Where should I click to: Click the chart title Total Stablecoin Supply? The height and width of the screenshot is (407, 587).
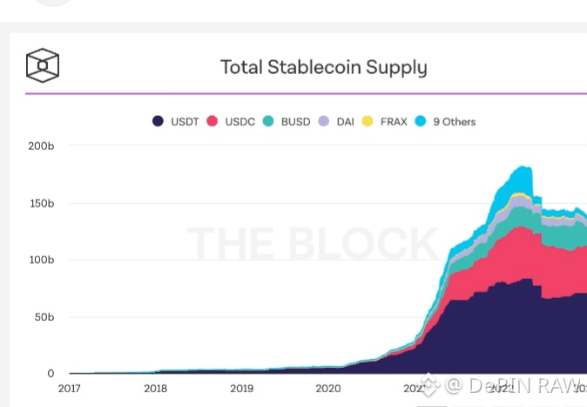[x=323, y=67]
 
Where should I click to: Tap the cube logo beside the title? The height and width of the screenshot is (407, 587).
[x=43, y=65]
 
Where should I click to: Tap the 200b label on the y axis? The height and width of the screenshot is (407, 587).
[x=42, y=146]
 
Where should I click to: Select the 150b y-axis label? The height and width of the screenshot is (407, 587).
[x=42, y=203]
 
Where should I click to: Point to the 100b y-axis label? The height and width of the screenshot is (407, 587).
[x=42, y=260]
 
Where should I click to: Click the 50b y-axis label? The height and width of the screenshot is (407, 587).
[x=44, y=316]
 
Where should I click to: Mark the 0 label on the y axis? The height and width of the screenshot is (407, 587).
[x=51, y=373]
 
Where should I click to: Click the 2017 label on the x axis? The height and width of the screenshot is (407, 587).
[x=70, y=389]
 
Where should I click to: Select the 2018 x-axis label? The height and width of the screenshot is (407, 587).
[x=155, y=389]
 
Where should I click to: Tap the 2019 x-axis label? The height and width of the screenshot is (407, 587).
[x=241, y=389]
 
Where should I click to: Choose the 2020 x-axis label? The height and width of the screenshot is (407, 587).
[x=327, y=389]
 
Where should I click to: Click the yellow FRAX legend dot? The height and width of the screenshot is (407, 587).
[x=367, y=122]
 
